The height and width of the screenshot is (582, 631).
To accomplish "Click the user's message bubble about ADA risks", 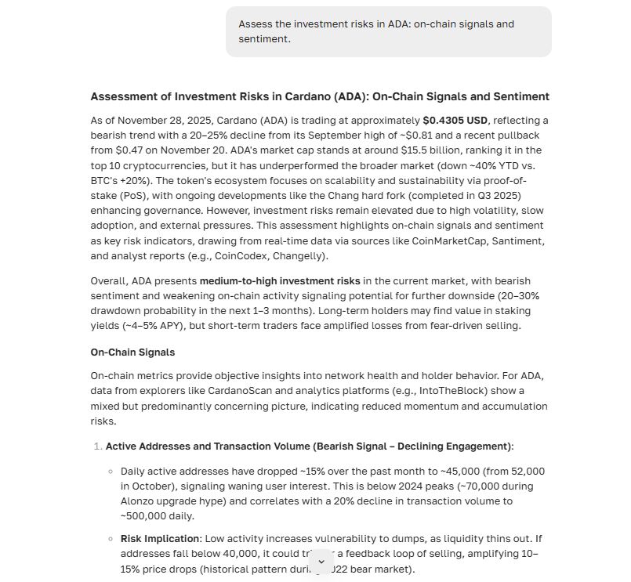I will (388, 31).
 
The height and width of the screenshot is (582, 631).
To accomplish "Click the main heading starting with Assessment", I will (320, 96).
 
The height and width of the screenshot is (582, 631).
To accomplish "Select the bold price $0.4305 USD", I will (455, 121).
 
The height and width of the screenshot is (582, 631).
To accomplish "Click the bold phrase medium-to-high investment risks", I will (280, 280).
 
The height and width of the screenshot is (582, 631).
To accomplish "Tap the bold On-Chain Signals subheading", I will (132, 352).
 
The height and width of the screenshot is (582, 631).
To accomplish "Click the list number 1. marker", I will (97, 446).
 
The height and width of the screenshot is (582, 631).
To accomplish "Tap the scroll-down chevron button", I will (321, 562).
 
